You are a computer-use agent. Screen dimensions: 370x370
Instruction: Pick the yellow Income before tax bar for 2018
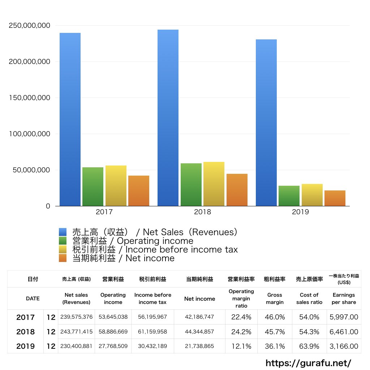[x=214, y=184]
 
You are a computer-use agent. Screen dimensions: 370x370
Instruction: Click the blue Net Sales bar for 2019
[x=266, y=123]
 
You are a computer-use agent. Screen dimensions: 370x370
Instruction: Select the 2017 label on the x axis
[x=104, y=212]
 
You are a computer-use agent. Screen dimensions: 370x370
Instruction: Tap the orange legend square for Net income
[x=63, y=258]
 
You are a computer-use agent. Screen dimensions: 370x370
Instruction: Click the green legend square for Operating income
[x=63, y=241]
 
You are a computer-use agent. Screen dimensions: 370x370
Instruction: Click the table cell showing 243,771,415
[x=76, y=332]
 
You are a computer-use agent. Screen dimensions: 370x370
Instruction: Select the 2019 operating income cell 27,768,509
[x=113, y=346]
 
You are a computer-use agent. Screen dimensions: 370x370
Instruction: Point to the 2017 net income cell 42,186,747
[x=199, y=317]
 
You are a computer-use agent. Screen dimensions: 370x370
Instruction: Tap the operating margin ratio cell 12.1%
[x=241, y=346]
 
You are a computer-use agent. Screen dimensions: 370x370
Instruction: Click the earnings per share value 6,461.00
[x=344, y=332]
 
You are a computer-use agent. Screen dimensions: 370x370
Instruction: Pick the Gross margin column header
[x=275, y=299]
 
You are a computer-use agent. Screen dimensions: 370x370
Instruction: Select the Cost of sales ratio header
[x=309, y=299]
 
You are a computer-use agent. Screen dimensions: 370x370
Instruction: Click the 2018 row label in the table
[x=26, y=332]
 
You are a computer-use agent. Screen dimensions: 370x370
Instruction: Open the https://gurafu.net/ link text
[x=308, y=363]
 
